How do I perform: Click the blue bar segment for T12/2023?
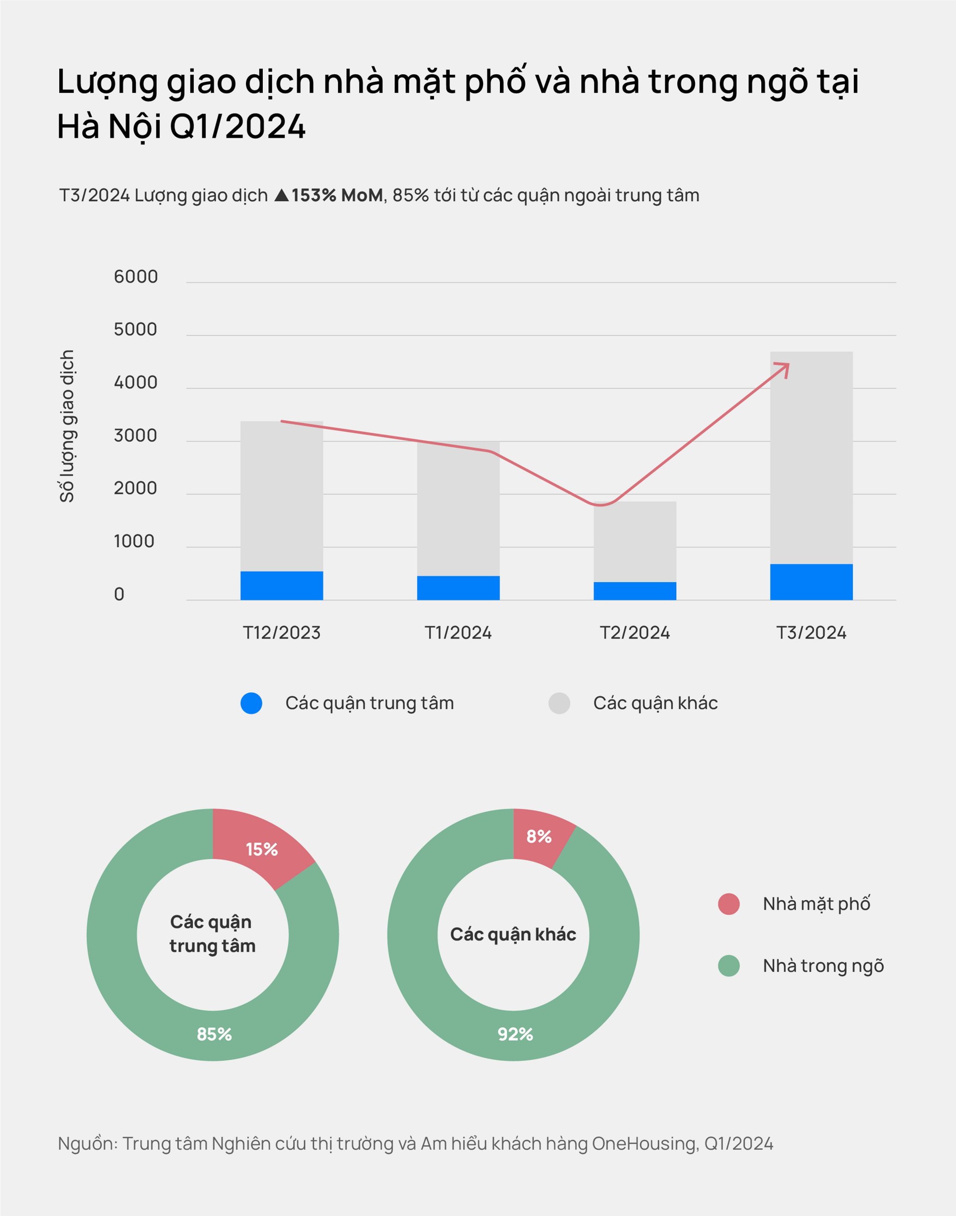coord(281,586)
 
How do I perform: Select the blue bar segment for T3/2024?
coord(811,582)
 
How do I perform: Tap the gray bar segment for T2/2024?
coord(635,541)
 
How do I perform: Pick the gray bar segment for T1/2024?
coord(458,508)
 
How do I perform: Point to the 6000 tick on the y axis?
coord(135,276)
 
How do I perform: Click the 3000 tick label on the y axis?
coord(135,436)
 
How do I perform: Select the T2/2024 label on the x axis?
coord(635,632)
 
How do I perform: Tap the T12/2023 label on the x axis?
coord(281,632)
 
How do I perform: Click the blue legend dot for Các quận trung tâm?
coord(251,703)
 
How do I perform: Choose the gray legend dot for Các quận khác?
coord(559,703)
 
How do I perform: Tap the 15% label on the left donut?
coord(261,850)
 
